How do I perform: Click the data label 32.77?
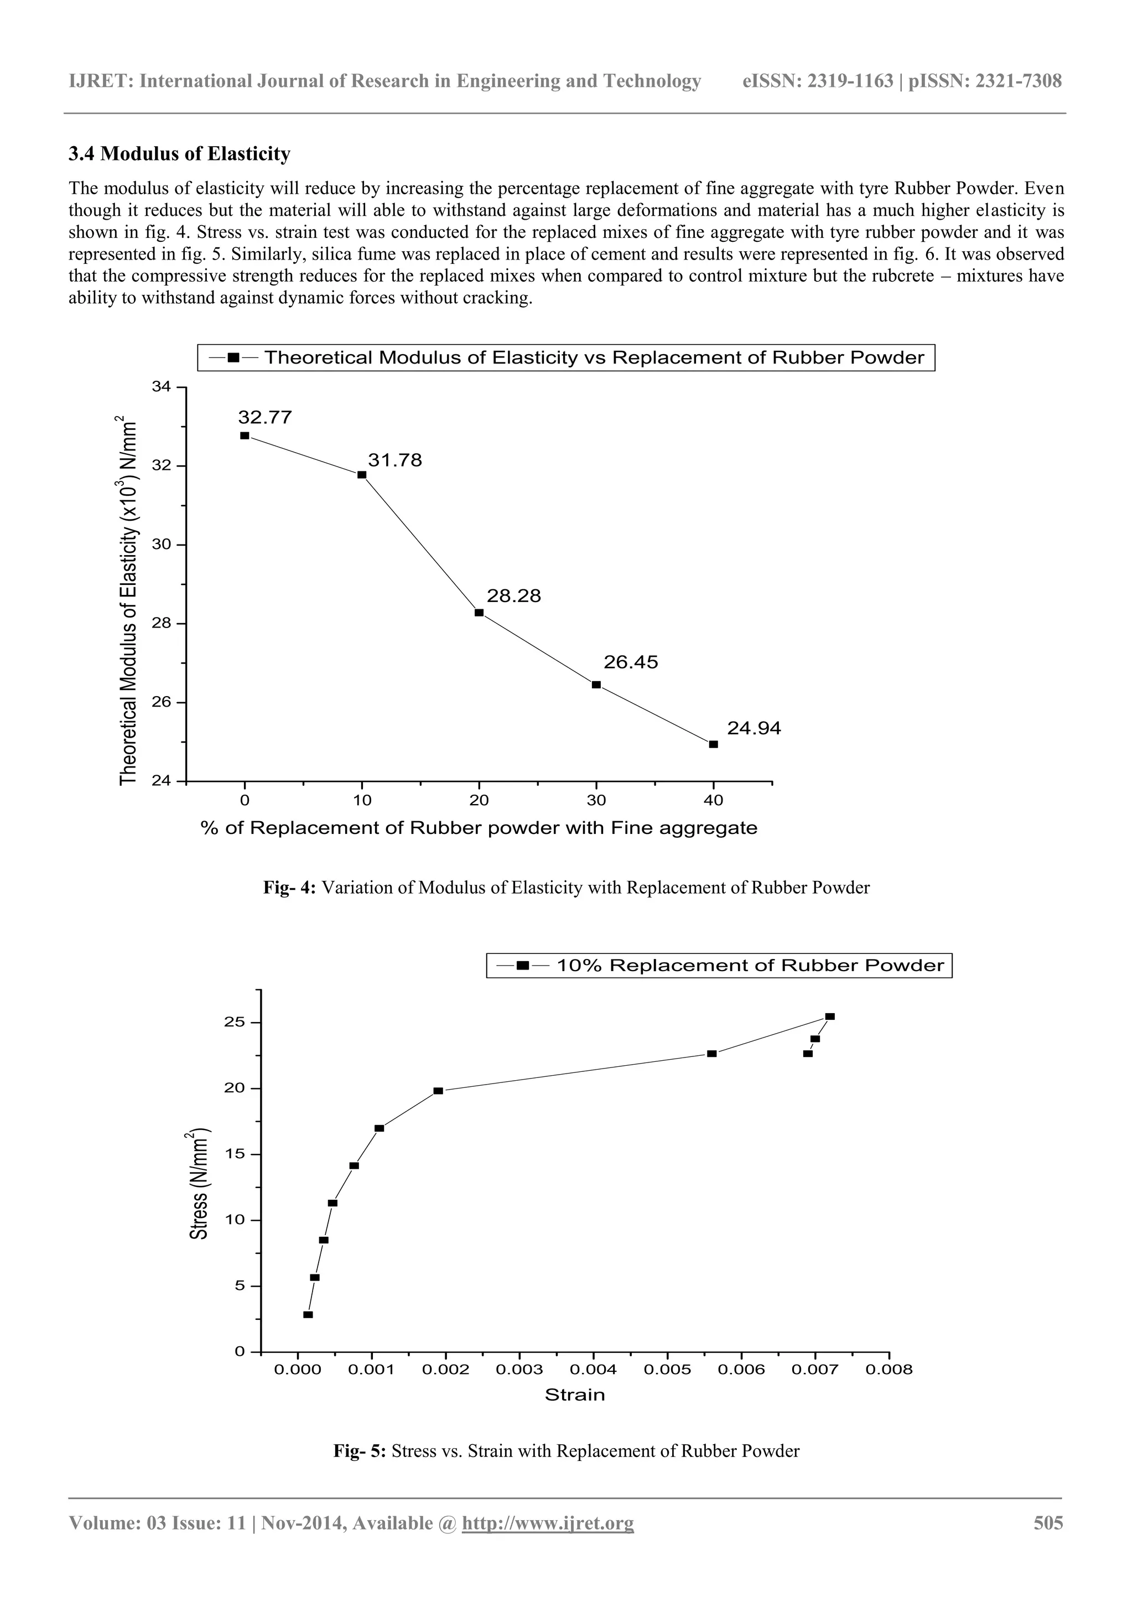pos(264,418)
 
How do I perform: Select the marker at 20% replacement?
pos(479,613)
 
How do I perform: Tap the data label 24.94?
pos(753,728)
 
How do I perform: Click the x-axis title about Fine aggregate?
pos(479,828)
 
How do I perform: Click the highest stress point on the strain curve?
pos(829,1017)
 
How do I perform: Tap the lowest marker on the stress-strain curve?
pos(308,1315)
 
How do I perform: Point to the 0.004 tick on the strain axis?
pos(593,1370)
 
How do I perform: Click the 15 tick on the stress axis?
pos(235,1154)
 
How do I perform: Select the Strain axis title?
pos(574,1395)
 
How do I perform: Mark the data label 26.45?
pos(630,662)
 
